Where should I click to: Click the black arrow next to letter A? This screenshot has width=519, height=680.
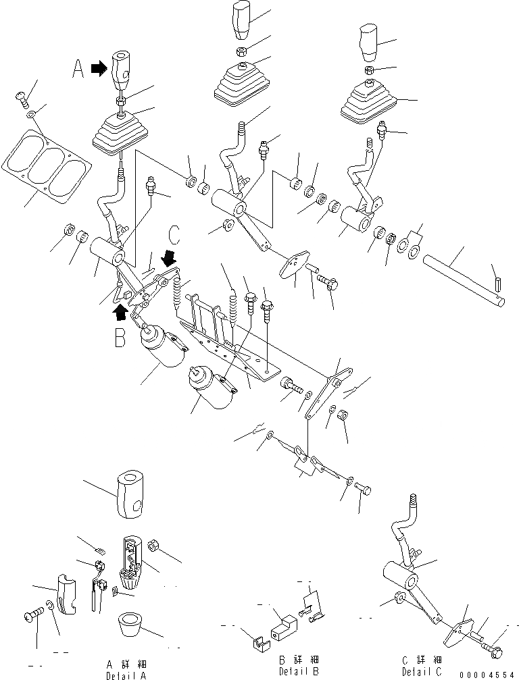[99, 68]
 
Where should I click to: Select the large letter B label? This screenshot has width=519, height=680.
[120, 336]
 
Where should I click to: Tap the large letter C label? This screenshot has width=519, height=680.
[174, 234]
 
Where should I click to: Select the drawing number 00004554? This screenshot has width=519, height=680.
[486, 674]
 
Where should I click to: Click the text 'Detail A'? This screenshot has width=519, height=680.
[126, 675]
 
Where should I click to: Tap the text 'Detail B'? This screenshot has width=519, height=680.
[299, 671]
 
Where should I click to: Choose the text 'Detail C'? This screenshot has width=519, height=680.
[422, 671]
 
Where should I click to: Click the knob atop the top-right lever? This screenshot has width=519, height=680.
[368, 40]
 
